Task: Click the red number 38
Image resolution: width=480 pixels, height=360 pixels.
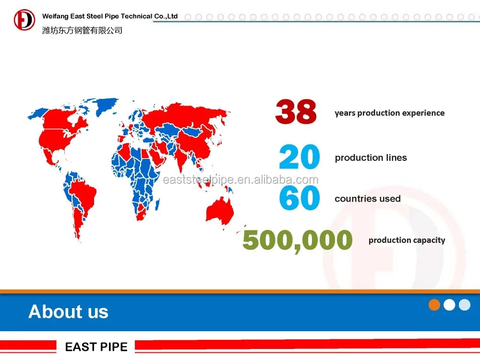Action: [296, 111]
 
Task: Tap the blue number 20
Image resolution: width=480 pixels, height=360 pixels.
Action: [300, 157]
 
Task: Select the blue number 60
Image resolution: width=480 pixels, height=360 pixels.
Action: [300, 198]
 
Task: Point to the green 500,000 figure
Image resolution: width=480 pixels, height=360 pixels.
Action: [297, 241]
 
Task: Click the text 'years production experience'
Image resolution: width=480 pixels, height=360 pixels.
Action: [389, 113]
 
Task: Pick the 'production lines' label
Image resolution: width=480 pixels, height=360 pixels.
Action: [371, 157]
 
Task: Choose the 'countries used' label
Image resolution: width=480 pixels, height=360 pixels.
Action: [367, 199]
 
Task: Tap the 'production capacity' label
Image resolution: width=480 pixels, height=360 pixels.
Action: [407, 240]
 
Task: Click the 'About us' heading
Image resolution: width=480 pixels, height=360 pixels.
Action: [68, 312]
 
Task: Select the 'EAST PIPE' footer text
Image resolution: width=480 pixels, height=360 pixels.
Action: [96, 347]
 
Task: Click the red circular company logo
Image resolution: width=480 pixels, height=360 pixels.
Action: [24, 20]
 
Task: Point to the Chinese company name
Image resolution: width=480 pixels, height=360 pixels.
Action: [82, 30]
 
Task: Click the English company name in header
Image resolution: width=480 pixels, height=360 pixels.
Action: [110, 16]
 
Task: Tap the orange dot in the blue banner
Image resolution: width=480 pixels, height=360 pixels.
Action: [434, 305]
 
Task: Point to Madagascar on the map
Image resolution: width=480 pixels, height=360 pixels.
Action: [157, 204]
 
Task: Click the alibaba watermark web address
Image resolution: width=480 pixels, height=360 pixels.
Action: [240, 180]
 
